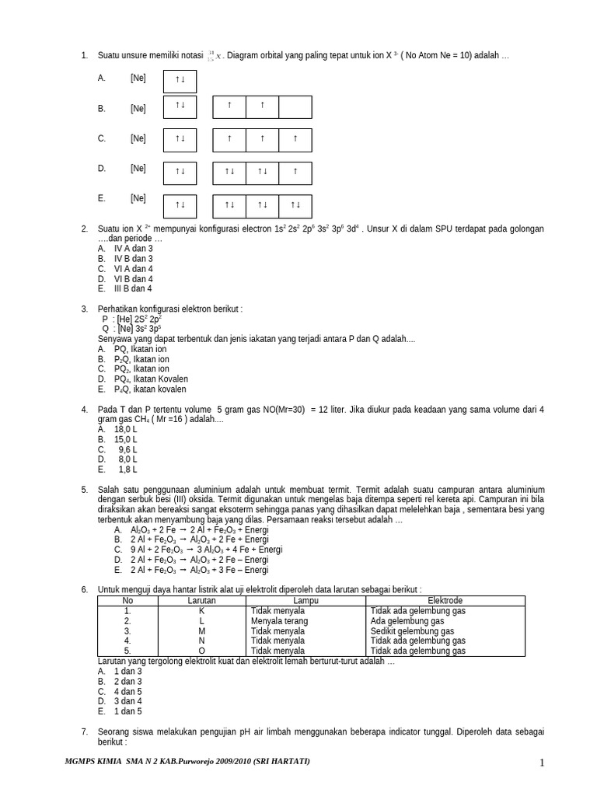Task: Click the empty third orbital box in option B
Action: (x=295, y=106)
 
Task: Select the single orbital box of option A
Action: (x=180, y=80)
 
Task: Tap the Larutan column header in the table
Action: (x=201, y=601)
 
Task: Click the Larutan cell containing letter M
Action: (x=201, y=631)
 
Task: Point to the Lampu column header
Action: (x=306, y=601)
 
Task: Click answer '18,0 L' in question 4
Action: (x=125, y=429)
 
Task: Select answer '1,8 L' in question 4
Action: (x=127, y=470)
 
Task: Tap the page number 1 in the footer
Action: (x=543, y=763)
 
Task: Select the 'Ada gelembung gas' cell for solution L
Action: (x=407, y=621)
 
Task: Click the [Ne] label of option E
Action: (x=138, y=199)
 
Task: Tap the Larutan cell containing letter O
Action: (x=201, y=651)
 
